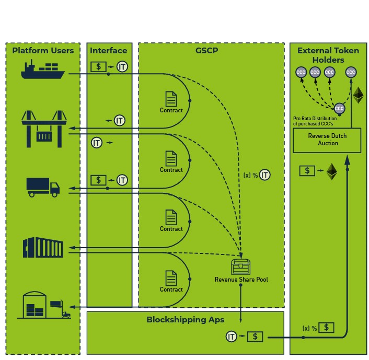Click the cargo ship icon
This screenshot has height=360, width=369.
point(42,69)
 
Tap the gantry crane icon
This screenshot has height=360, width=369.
point(44,128)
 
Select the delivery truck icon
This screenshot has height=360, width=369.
point(43,187)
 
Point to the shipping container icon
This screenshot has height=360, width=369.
point(43,248)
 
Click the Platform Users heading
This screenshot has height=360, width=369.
point(43,51)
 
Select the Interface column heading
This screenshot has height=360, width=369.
point(109,51)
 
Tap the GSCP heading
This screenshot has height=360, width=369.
point(206,51)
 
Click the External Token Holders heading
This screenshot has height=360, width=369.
point(328,55)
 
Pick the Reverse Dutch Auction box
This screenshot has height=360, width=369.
point(327,140)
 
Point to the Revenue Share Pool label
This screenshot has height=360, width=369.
point(241,280)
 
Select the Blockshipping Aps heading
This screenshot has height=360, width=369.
point(185,320)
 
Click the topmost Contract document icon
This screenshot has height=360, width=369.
point(171,99)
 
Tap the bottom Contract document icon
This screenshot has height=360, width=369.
point(171,278)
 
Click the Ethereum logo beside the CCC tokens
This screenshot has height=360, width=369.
point(358,95)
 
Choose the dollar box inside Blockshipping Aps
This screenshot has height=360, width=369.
point(255,336)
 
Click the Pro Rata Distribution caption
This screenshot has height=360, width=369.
point(315,121)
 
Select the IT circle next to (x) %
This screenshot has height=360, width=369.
point(265,175)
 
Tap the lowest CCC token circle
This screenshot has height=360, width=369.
point(339,109)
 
